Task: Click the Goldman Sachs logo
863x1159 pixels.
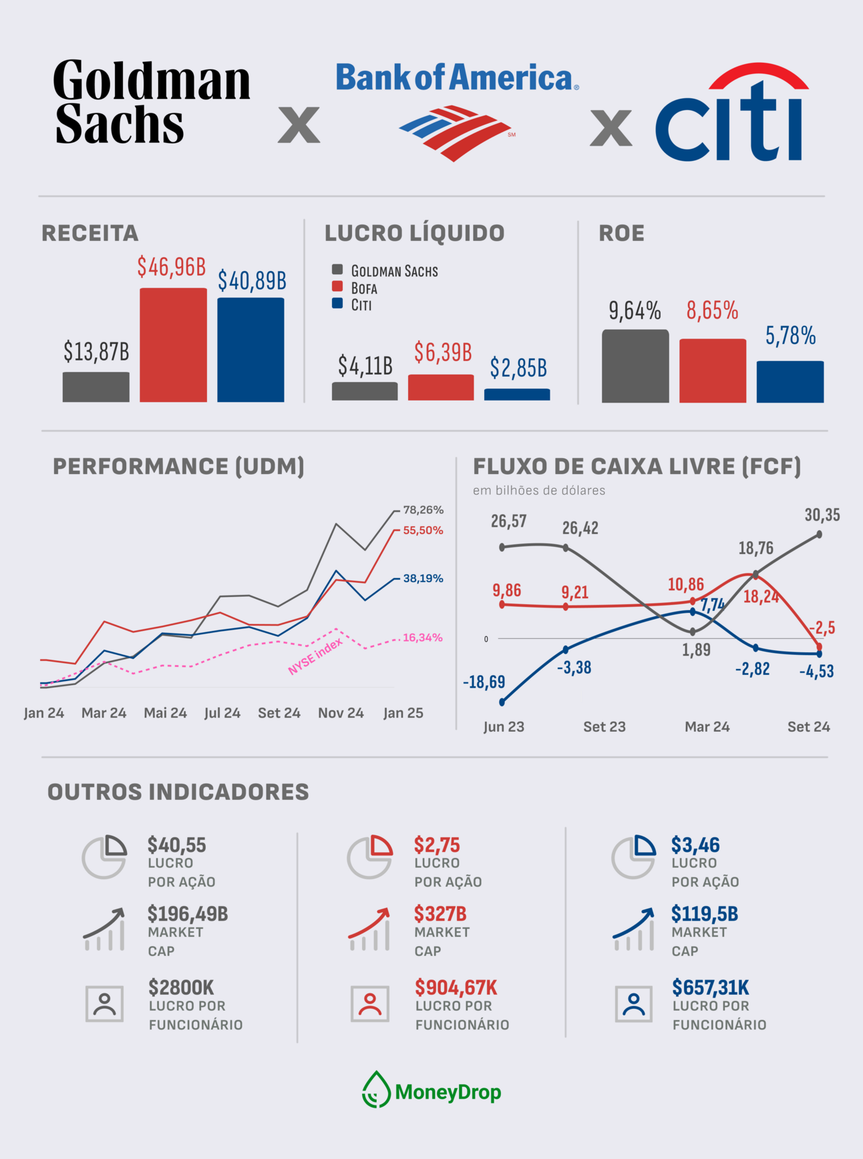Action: [152, 101]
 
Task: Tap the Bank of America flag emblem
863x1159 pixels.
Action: [456, 132]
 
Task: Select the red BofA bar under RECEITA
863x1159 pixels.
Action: [173, 344]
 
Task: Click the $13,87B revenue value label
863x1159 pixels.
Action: [96, 351]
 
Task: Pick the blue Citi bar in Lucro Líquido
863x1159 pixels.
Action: [517, 395]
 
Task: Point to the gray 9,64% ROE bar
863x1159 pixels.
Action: [635, 366]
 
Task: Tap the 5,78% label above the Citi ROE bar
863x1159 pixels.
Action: [790, 336]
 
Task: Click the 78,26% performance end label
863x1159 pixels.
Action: [423, 509]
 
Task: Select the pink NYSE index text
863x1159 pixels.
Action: [315, 656]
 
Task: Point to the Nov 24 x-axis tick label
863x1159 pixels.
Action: [341, 713]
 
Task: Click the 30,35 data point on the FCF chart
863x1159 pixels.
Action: [820, 534]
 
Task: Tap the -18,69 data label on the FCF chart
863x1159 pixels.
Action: [484, 682]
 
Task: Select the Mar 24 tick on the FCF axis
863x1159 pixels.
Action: [707, 726]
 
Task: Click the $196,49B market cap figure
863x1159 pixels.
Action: [188, 914]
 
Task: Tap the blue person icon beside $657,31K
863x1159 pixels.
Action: [633, 1004]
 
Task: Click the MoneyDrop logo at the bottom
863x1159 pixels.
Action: [432, 1092]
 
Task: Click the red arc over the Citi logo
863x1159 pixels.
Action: [758, 75]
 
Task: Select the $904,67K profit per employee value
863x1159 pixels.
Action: [456, 987]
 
